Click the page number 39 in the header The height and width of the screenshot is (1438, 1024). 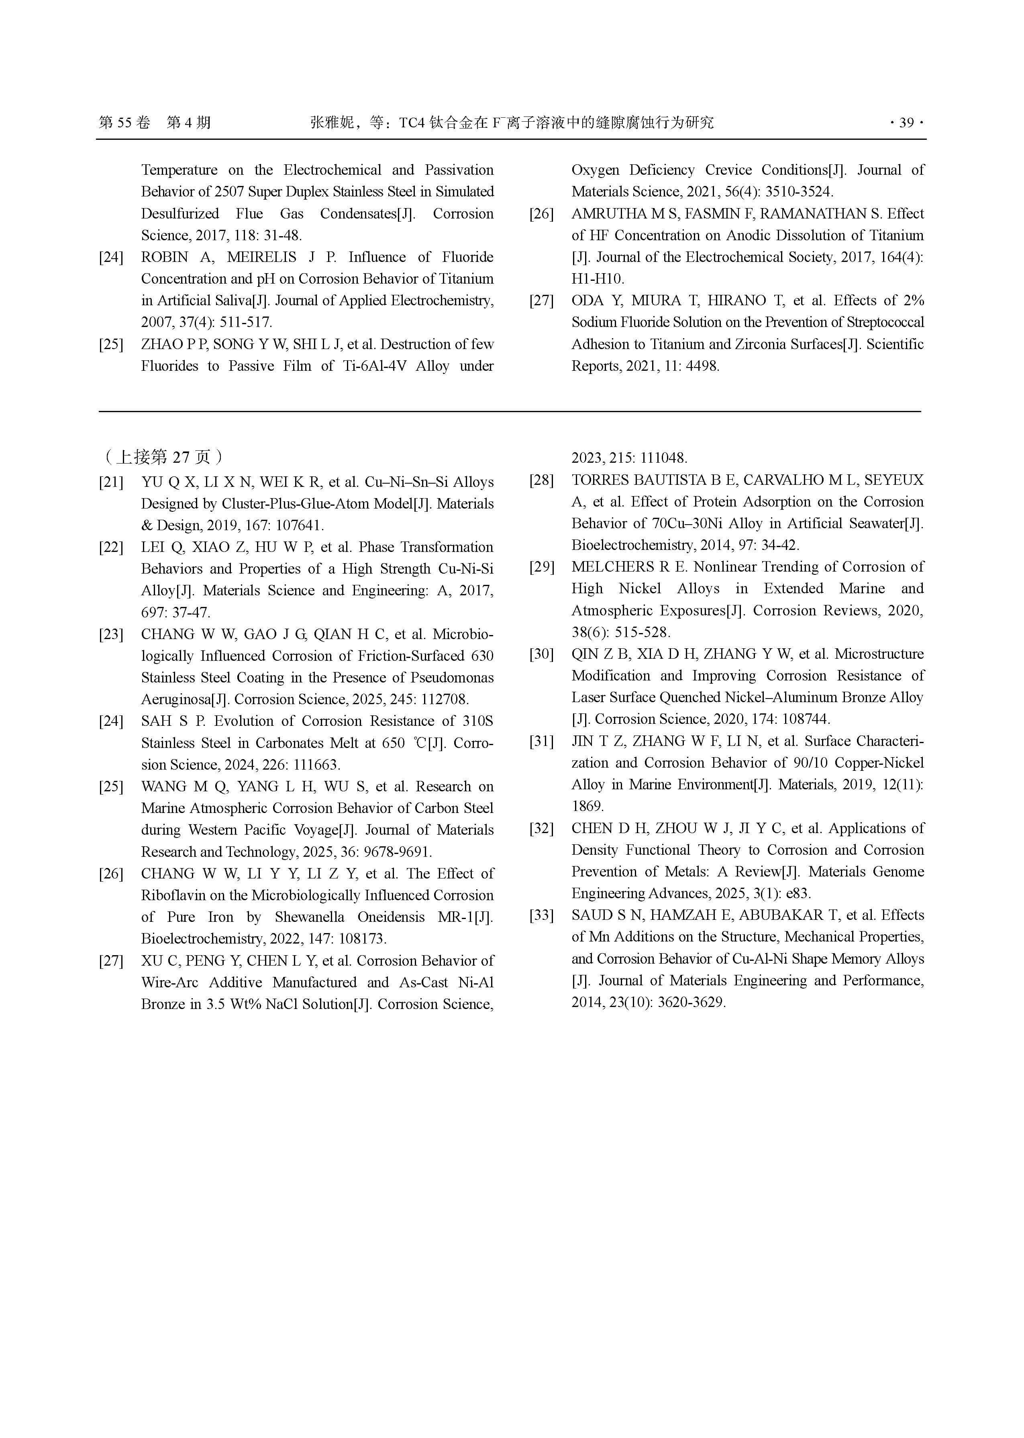(906, 123)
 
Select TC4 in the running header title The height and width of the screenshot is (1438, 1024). (412, 123)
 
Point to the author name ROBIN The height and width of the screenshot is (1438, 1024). (165, 257)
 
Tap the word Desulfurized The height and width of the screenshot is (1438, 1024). (180, 214)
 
